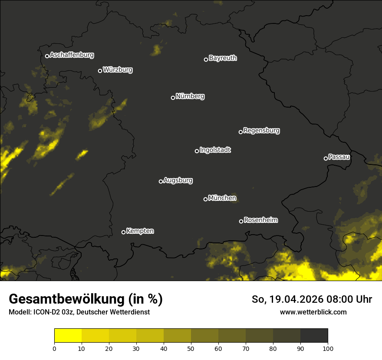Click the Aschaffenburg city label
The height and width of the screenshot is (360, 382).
(72, 55)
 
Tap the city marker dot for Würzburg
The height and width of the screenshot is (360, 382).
(100, 71)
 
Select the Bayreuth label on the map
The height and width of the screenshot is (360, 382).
(223, 58)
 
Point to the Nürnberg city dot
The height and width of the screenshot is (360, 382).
(173, 98)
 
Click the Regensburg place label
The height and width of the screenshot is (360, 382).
(261, 131)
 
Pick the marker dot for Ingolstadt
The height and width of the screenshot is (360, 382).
(197, 151)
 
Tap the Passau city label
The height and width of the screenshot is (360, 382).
(339, 157)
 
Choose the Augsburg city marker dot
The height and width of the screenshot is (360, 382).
(161, 181)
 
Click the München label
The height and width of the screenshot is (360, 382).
(222, 198)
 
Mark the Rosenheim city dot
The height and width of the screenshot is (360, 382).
(241, 221)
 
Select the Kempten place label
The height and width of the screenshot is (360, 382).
(140, 231)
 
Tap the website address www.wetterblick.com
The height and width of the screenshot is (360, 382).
(313, 312)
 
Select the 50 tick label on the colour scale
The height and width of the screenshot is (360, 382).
(191, 348)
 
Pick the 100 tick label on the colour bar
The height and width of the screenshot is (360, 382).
(328, 348)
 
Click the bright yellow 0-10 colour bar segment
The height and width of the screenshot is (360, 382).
(68, 336)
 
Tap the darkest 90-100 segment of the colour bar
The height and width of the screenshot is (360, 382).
(314, 336)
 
